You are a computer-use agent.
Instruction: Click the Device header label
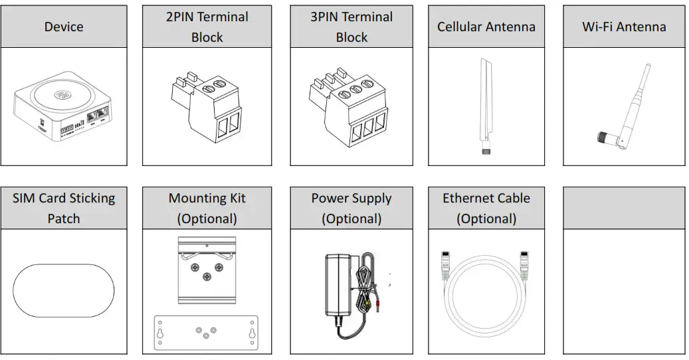(64, 27)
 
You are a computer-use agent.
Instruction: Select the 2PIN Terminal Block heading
(207, 27)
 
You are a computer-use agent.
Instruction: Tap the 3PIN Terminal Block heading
(351, 27)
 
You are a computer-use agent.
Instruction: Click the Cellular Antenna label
(486, 27)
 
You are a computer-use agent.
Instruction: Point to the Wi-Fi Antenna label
(623, 27)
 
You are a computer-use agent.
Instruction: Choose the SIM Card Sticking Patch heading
(64, 208)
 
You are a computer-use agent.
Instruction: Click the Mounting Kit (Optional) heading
(207, 208)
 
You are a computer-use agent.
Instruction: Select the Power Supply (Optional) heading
(351, 208)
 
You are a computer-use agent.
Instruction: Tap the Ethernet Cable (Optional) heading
(486, 208)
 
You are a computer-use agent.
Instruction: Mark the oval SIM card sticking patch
(64, 290)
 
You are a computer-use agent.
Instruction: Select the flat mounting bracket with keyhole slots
(206, 332)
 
